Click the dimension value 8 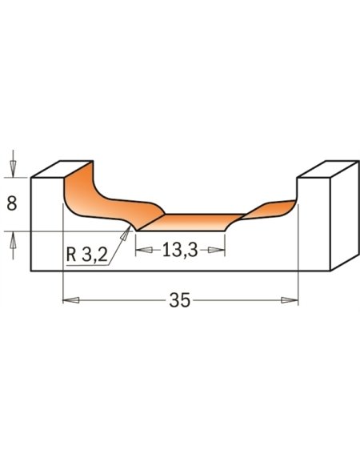12,203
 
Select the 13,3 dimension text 180,251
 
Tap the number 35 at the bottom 180,300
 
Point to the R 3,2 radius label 87,255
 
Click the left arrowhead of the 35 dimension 71,300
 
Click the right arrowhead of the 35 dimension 290,300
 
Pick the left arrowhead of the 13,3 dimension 144,250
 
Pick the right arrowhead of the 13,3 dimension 217,250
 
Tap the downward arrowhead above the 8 13,169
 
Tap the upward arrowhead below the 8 13,240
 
